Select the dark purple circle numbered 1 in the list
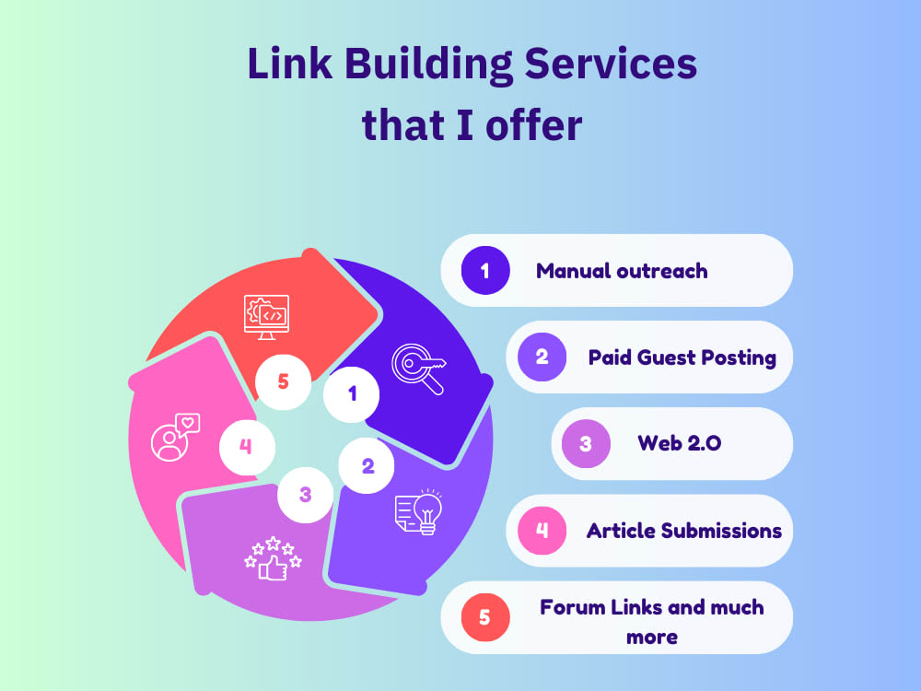click(485, 270)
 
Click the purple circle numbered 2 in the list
click(542, 357)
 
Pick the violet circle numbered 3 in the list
click(586, 443)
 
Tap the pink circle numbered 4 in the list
click(542, 530)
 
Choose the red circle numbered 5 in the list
click(485, 616)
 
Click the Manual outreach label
click(622, 271)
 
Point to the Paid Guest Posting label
click(682, 357)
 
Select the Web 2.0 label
click(680, 443)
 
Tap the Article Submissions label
click(684, 531)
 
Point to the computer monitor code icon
click(266, 315)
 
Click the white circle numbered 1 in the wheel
click(352, 393)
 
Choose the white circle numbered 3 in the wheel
click(305, 495)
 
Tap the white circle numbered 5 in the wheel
click(283, 381)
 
